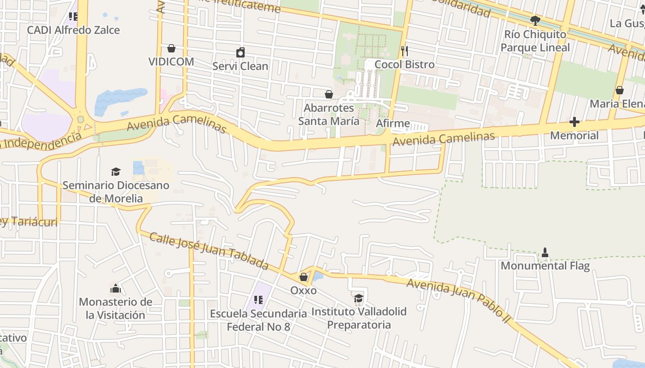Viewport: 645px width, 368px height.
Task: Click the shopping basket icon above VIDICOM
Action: pos(171,48)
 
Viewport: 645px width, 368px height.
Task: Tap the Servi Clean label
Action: pos(240,66)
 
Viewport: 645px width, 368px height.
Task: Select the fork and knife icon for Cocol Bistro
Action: pos(405,51)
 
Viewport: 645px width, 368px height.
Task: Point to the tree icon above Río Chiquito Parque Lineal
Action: pos(535,21)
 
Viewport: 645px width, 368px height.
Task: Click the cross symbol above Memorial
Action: pos(574,122)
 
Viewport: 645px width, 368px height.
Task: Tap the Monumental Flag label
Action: pos(545,266)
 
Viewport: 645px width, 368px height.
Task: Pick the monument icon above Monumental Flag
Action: pos(545,252)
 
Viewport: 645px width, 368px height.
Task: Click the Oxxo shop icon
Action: pos(304,277)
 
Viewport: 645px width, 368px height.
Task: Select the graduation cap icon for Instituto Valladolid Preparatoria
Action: pos(358,298)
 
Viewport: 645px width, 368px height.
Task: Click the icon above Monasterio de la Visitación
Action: pos(115,288)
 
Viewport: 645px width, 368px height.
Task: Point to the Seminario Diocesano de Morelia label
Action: pos(116,192)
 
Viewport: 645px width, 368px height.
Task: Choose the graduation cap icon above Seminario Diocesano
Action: pos(116,172)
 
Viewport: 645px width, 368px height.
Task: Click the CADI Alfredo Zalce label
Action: pos(73,30)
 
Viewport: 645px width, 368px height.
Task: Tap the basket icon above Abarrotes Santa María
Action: pos(329,94)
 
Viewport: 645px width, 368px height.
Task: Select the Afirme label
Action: pos(393,123)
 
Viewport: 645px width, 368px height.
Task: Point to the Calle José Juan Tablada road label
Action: pos(209,251)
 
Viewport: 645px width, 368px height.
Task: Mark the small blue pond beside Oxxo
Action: pos(318,276)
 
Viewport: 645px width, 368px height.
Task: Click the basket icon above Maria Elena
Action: pos(620,90)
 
